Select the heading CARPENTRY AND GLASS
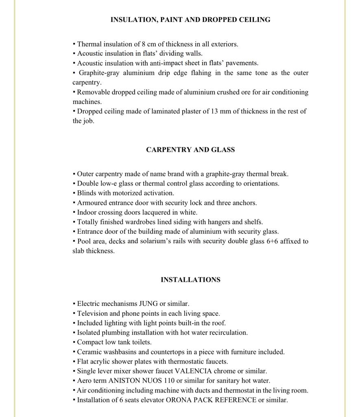point(190,149)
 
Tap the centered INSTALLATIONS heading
point(190,280)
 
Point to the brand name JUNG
point(148,304)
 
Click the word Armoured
point(92,203)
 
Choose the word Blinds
point(86,193)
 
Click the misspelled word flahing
point(193,73)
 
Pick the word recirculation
point(228,333)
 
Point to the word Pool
point(84,241)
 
